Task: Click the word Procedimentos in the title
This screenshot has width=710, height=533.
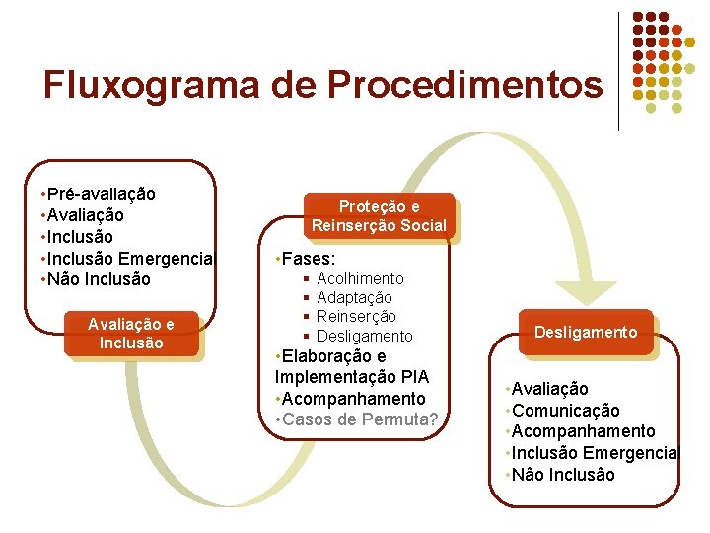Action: (x=464, y=85)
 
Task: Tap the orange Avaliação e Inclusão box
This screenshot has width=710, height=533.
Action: (x=131, y=334)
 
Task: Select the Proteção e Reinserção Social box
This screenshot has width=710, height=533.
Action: (x=379, y=216)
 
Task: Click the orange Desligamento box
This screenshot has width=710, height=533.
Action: (x=586, y=332)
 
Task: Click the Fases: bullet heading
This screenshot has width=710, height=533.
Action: (x=308, y=259)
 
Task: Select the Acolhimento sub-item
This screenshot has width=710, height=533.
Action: (x=360, y=279)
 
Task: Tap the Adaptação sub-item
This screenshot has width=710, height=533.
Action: (x=354, y=298)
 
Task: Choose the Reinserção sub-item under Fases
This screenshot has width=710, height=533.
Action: (x=356, y=317)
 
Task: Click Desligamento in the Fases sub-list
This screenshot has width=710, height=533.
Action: (x=364, y=337)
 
